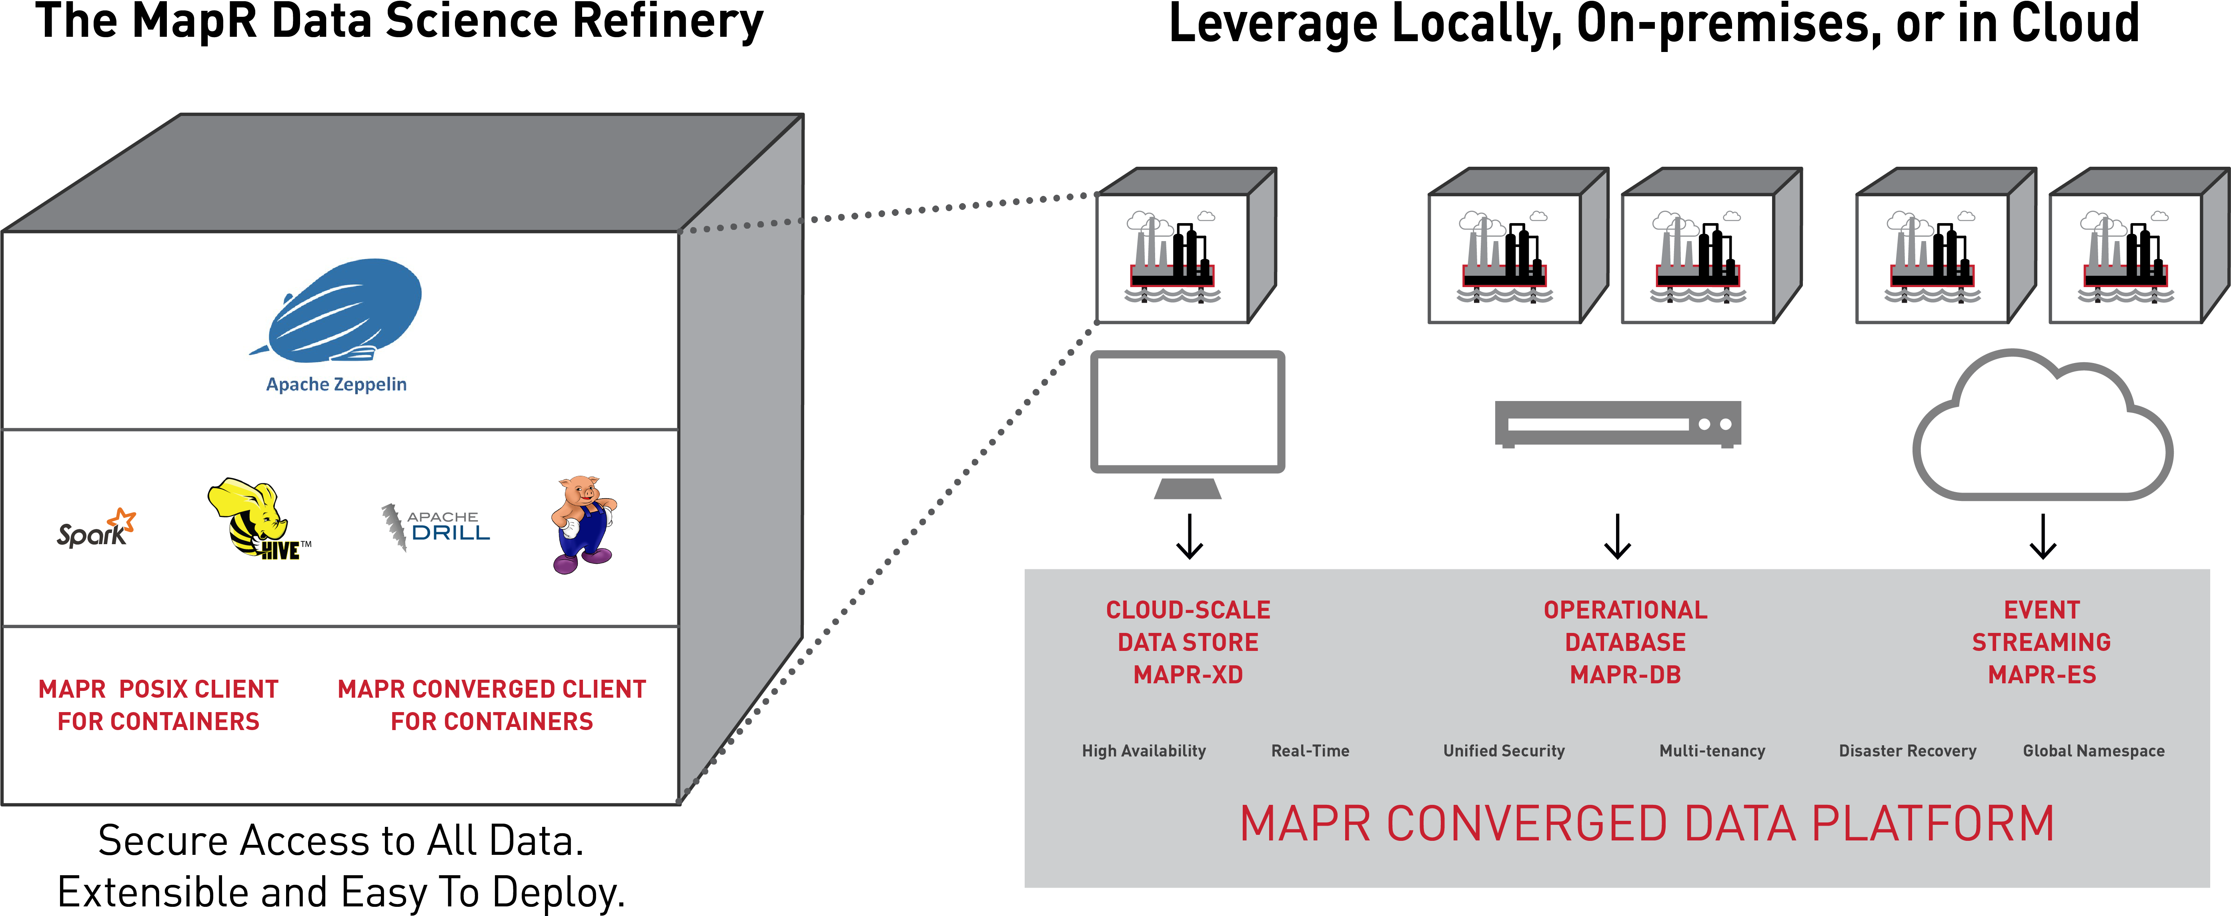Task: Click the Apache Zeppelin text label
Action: pyautogui.click(x=336, y=384)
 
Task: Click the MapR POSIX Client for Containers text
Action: pyautogui.click(x=158, y=705)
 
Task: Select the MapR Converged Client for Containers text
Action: pyautogui.click(x=492, y=705)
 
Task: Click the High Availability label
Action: pyautogui.click(x=1143, y=750)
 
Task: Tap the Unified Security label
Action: pyautogui.click(x=1504, y=750)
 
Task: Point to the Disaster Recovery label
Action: pyautogui.click(x=1907, y=750)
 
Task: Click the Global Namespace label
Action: pyautogui.click(x=2093, y=750)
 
